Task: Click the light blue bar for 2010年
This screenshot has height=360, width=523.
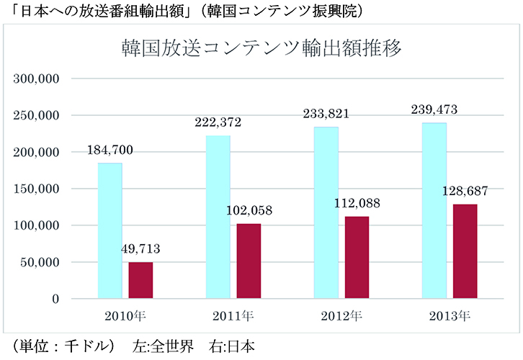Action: coord(110,230)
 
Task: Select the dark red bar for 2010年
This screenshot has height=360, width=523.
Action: coord(141,280)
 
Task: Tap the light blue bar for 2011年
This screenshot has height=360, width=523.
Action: coord(218,217)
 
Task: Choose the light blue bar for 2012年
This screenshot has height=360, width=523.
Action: coord(326,212)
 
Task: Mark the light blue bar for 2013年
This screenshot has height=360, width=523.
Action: coord(434,210)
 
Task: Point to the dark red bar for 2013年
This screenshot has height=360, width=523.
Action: coord(465,251)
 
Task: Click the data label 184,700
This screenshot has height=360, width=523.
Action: coord(110,151)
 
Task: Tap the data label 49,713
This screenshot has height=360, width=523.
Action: coord(141,250)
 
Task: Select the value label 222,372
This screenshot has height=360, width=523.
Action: coord(218,123)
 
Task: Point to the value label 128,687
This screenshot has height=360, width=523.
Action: coord(465,192)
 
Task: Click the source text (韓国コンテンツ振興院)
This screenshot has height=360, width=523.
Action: coord(292,10)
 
